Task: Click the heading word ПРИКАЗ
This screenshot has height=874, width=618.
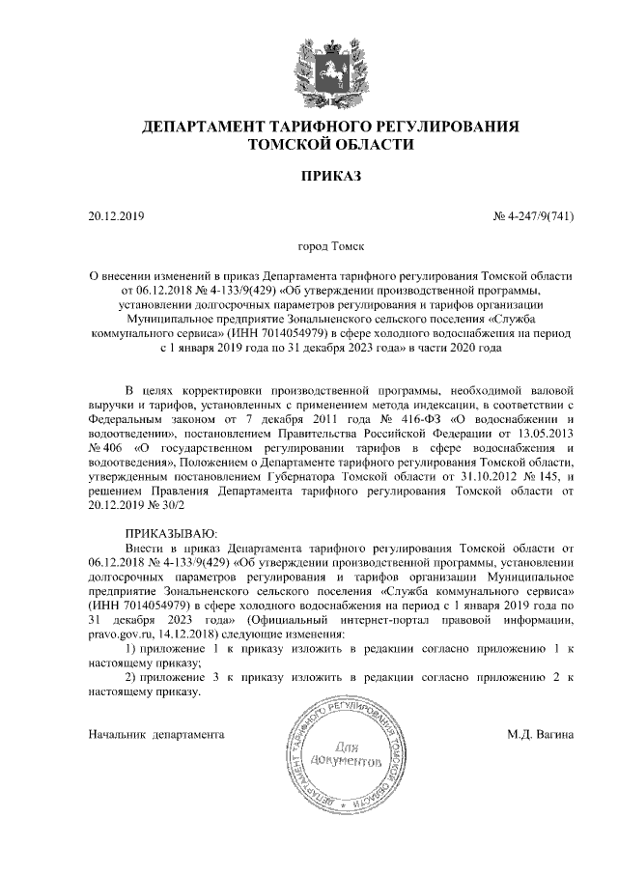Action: (330, 179)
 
